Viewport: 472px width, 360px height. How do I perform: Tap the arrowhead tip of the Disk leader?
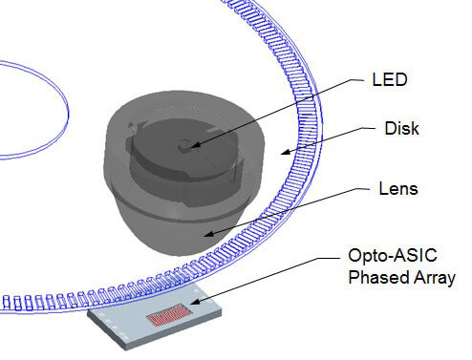pyautogui.click(x=278, y=152)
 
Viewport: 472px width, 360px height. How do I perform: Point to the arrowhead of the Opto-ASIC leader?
pyautogui.click(x=190, y=307)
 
